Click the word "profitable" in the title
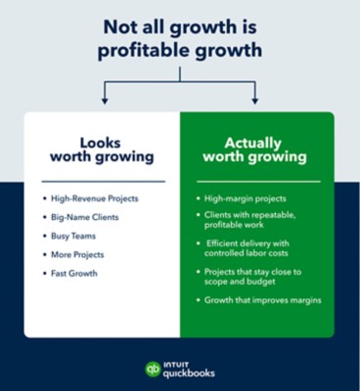pos(148,51)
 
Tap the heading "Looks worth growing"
pos(102,150)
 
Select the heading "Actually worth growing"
pos(254,150)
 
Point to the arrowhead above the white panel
pos(105,101)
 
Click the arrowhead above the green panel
pos(255,101)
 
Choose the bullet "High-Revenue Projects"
pos(95,198)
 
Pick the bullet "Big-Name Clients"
pos(85,217)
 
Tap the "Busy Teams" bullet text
pos(73,236)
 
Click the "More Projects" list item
pos(77,254)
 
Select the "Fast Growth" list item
pos(74,273)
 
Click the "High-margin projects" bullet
pos(246,198)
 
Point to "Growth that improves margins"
pos(263,300)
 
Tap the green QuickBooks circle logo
pos(153,369)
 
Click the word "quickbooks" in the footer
pos(189,373)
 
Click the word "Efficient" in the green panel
pos(223,243)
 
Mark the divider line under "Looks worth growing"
pos(104,182)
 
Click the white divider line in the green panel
pos(258,182)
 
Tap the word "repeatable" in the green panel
pos(276,215)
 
